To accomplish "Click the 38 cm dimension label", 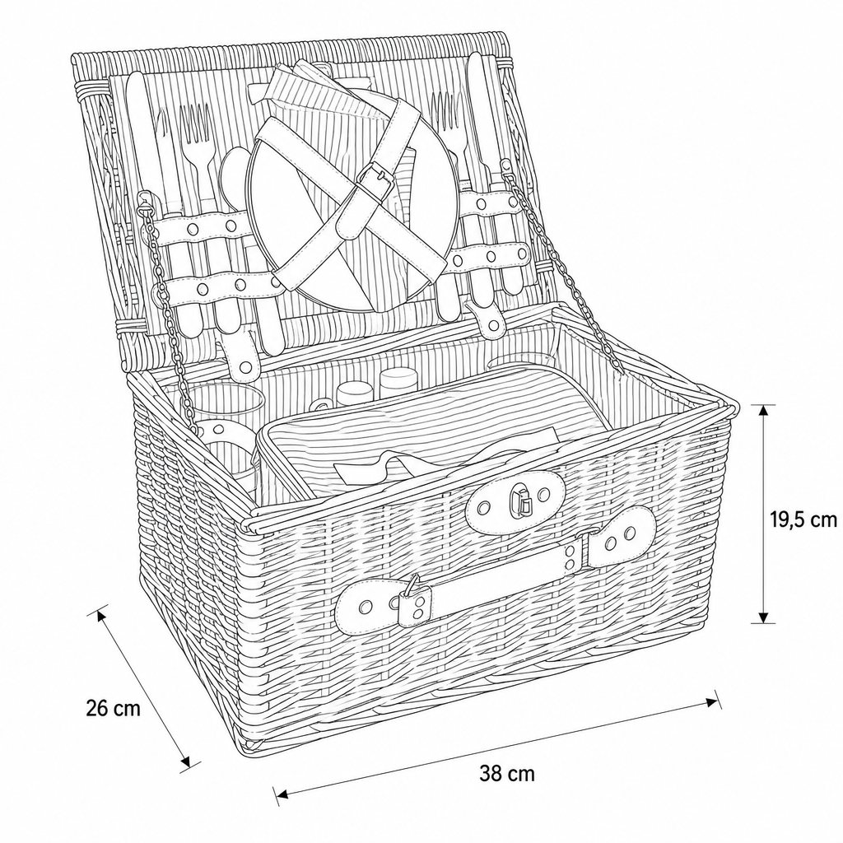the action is (x=507, y=774).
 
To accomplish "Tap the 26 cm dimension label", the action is (x=113, y=708).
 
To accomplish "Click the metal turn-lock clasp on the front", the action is (x=521, y=499).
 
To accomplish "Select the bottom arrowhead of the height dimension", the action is (x=763, y=615).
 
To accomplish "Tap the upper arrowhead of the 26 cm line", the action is (x=101, y=616).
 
